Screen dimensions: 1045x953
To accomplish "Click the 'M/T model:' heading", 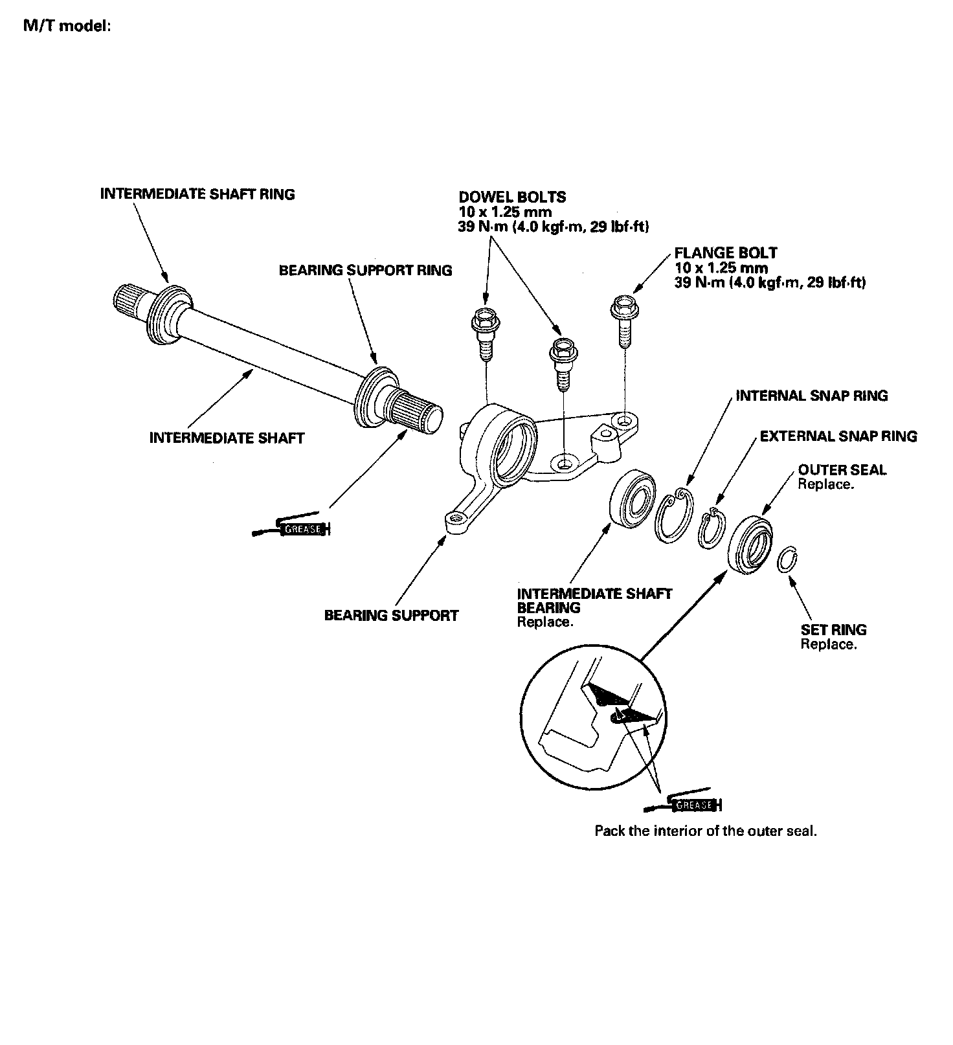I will pyautogui.click(x=67, y=27).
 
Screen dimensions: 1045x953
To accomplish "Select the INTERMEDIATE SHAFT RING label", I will pyautogui.click(x=197, y=194).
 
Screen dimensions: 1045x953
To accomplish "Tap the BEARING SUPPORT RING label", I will pyautogui.click(x=365, y=270).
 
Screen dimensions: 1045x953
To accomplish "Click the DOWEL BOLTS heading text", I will pyautogui.click(x=512, y=197).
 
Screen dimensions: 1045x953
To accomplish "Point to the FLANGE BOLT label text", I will pyautogui.click(x=726, y=253).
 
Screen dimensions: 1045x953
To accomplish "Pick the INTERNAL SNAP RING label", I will pyautogui.click(x=811, y=396).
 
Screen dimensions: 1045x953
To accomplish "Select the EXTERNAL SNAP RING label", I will pyautogui.click(x=838, y=436).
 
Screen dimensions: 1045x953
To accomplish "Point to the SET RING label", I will pyautogui.click(x=833, y=629).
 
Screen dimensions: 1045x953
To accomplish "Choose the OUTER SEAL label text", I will pyautogui.click(x=842, y=470).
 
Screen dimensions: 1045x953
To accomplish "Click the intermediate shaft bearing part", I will pyautogui.click(x=633, y=501).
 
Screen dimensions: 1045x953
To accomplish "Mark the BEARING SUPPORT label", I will pyautogui.click(x=391, y=615).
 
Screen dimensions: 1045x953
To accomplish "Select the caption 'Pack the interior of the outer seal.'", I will pyautogui.click(x=705, y=831).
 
